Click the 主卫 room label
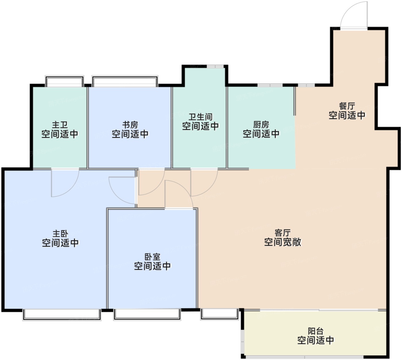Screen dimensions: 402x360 (x=60, y=125)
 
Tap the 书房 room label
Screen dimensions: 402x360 (x=130, y=125)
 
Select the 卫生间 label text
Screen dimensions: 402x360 (x=200, y=117)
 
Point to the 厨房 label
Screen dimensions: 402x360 (x=261, y=125)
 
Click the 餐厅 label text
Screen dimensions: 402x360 (x=347, y=106)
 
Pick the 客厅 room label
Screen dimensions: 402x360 (x=283, y=233)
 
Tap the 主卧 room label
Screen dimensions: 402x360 (x=60, y=234)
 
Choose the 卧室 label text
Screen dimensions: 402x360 (x=152, y=257)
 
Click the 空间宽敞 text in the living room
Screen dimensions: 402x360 (x=283, y=242)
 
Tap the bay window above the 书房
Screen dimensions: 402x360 (x=125, y=81)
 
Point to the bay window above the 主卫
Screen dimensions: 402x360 (x=65, y=81)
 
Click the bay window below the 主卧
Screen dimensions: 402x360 (x=62, y=315)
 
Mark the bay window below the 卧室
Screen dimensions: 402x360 (x=147, y=315)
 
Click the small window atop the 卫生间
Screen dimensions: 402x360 (x=215, y=66)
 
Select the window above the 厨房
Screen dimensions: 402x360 (x=270, y=85)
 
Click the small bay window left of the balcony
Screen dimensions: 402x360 (x=219, y=314)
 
